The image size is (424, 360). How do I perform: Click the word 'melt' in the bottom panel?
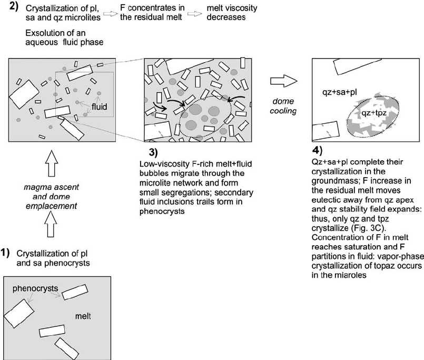(83, 317)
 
